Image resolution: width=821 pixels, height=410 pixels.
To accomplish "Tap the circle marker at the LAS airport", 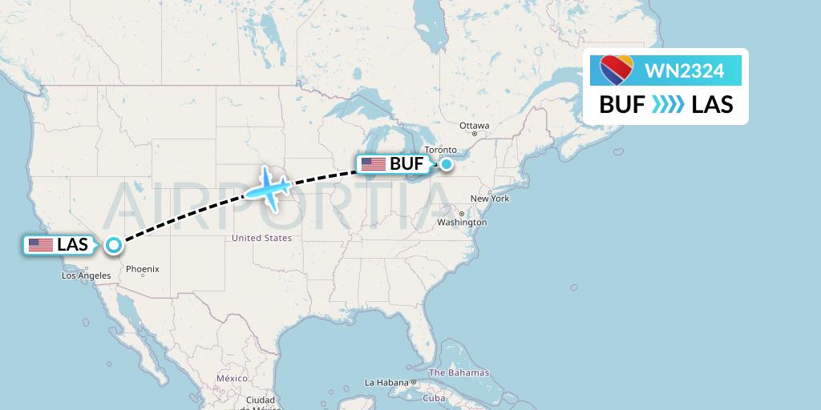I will pos(114,245).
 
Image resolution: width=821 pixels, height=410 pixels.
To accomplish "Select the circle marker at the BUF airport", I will pos(446,164).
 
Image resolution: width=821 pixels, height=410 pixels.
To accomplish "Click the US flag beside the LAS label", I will pos(40,245).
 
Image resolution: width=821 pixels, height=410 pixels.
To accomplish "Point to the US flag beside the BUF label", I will pos(374,164).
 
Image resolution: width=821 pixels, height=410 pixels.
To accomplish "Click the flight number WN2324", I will pos(684,71).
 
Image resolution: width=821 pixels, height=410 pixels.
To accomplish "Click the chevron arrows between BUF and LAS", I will pos(668,105).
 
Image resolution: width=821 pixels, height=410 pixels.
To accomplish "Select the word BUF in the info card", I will pos(622,105).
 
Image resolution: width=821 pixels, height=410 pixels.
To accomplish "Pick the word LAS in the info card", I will pos(712,105).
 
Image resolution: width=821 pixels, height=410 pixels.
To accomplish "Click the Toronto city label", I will pos(440,150).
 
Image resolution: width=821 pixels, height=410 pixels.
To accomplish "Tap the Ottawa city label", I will pos(474,126).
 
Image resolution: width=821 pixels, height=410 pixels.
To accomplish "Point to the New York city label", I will pos(490,198).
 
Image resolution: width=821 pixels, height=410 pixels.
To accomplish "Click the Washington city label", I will pos(463,222).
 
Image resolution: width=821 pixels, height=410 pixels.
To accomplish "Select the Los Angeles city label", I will pos(87,275).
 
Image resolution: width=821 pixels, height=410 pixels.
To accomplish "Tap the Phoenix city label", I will pos(142,269).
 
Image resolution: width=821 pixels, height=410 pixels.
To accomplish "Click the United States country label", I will pos(261,238).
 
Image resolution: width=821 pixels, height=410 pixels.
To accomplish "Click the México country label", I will pos(231,377).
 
